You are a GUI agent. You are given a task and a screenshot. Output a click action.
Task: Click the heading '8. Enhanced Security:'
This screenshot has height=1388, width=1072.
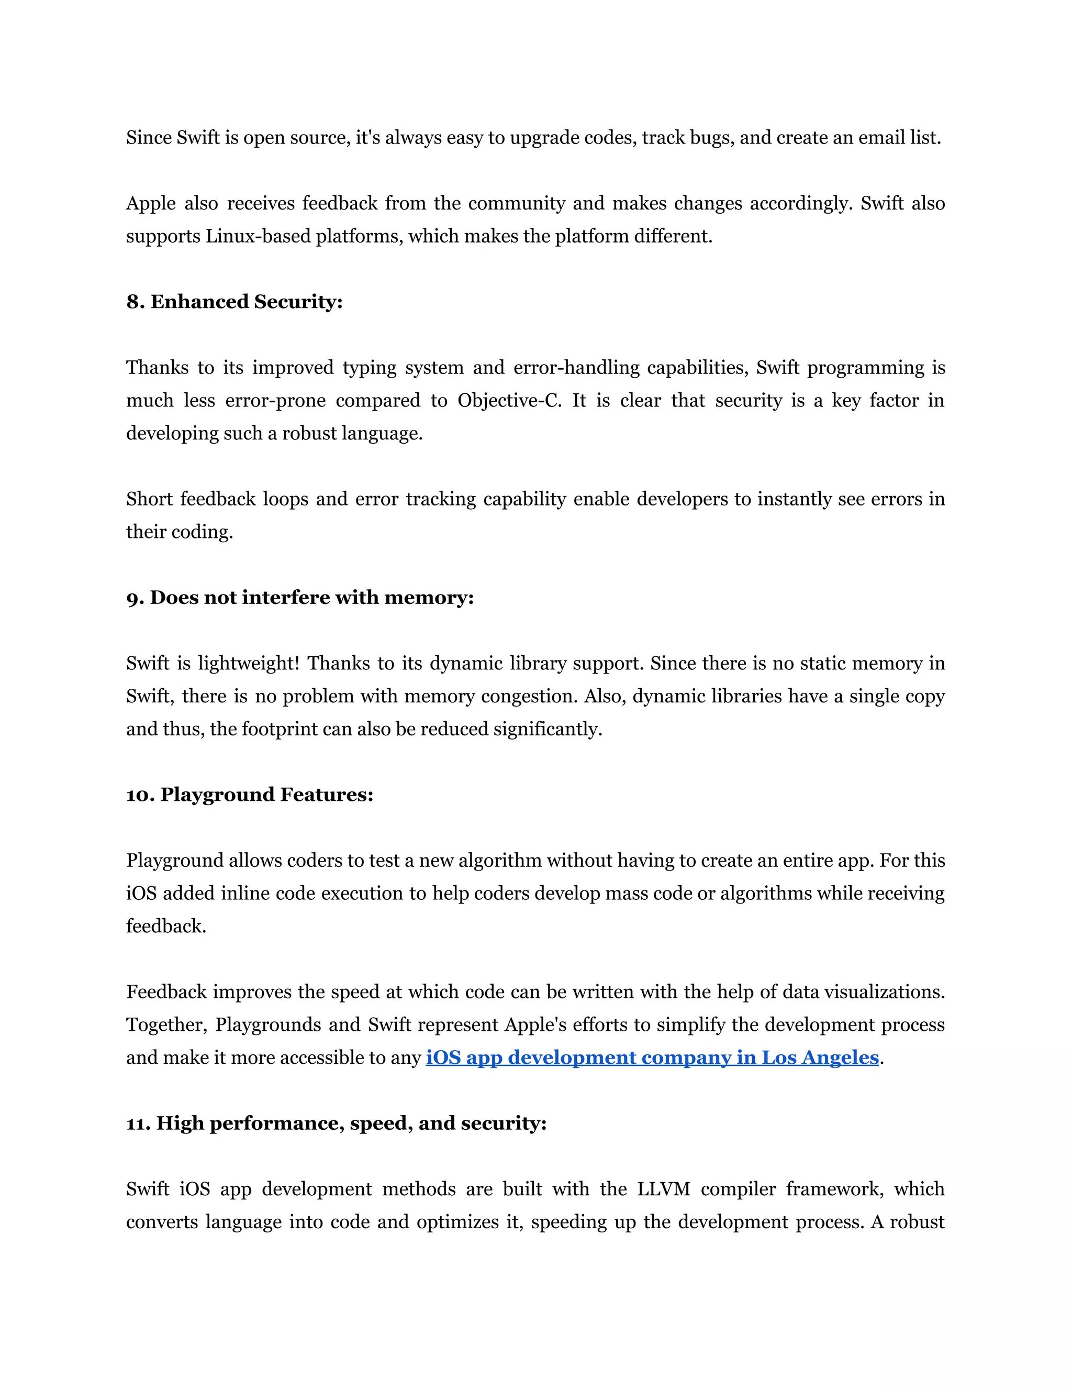(x=234, y=301)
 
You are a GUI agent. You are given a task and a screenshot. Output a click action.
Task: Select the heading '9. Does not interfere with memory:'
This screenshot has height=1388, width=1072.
(x=300, y=598)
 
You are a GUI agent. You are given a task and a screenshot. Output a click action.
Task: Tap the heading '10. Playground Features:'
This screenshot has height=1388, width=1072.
(x=250, y=795)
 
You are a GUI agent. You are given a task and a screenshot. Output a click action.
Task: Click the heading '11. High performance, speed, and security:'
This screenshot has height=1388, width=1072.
(x=336, y=1123)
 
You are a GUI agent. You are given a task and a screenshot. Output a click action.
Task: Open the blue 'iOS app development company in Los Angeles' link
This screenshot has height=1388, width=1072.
(x=652, y=1057)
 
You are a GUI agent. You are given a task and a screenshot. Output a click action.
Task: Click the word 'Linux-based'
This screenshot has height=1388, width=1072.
(x=257, y=236)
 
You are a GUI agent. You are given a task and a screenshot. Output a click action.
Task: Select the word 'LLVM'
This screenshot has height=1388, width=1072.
(x=664, y=1189)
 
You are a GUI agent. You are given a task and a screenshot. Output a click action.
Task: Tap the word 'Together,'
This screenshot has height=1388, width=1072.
(x=166, y=1025)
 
